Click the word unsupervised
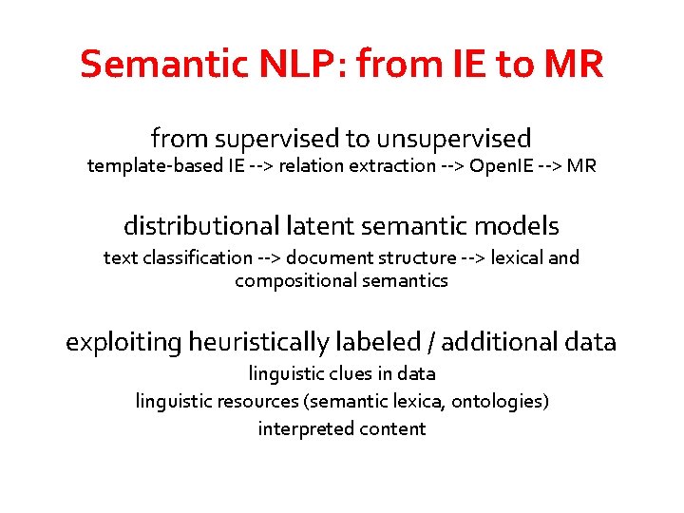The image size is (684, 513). [453, 139]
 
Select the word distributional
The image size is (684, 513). [199, 227]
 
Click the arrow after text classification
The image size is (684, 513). [267, 257]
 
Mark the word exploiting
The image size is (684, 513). [123, 342]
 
